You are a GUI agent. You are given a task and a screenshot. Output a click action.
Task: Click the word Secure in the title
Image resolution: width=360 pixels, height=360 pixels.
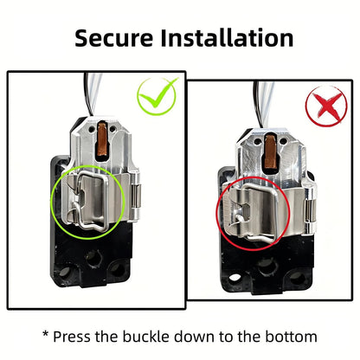pos(113,38)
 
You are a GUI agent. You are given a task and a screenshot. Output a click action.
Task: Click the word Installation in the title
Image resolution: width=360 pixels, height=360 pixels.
pos(227,37)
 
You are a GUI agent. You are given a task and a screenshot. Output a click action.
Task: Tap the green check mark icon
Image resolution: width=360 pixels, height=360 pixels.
pos(157,94)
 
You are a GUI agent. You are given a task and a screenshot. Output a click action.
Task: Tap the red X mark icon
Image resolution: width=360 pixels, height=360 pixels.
pos(326,106)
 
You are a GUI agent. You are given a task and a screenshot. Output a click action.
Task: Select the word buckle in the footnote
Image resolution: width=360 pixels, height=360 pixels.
pos(147,337)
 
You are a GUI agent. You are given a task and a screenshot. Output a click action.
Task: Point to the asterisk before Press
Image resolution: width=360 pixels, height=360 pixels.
pos(46,334)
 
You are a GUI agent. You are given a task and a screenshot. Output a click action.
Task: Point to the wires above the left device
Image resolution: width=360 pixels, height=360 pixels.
pos(93,93)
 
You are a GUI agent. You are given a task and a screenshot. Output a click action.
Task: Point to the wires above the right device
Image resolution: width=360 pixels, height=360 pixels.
pos(263,104)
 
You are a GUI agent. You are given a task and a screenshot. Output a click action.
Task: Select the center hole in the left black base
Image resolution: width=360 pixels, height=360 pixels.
pos(93,257)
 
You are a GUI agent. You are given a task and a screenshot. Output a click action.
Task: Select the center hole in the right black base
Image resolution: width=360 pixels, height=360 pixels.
pos(265,267)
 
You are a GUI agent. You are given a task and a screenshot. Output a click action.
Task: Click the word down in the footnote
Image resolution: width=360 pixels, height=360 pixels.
pos(195,337)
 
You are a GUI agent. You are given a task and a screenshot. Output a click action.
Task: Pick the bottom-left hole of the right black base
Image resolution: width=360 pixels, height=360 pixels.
pos(235,278)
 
